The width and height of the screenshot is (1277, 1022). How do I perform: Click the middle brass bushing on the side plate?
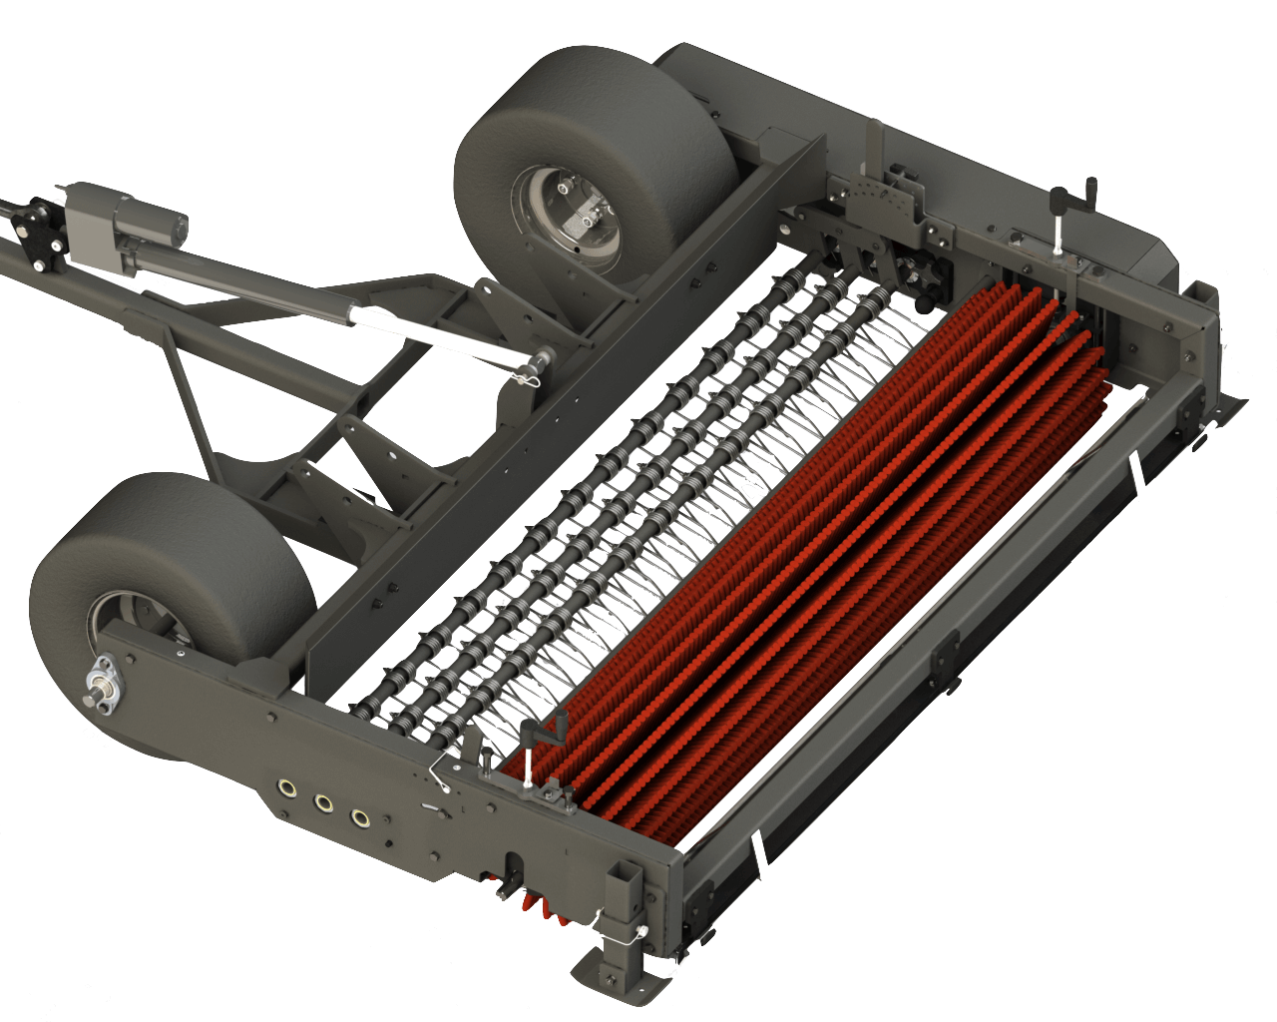click(x=323, y=802)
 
